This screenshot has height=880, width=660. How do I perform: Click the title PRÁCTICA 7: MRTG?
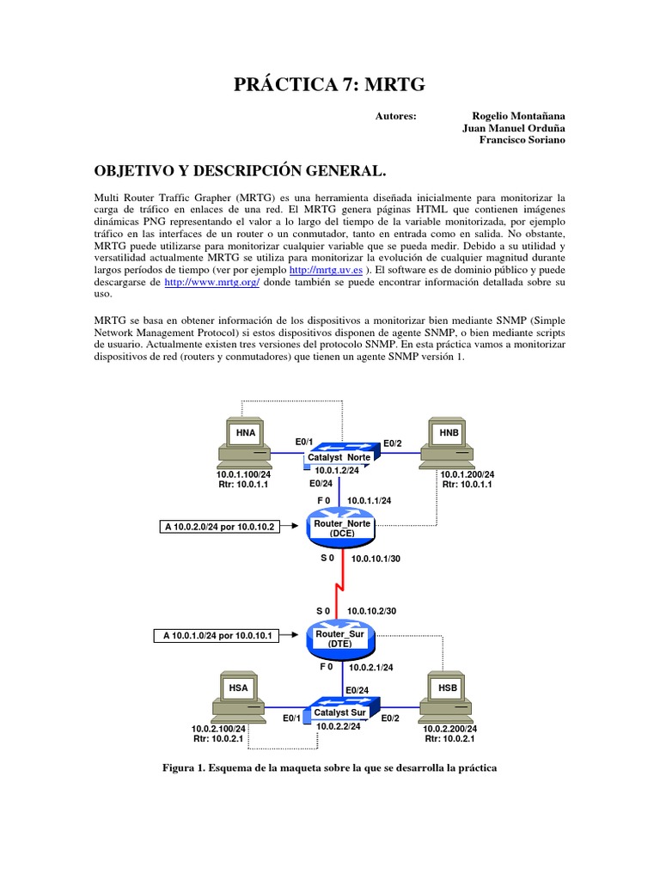coord(329,83)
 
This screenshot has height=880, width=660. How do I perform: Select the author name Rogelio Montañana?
coord(519,115)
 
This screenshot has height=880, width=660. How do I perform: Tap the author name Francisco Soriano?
coord(522,140)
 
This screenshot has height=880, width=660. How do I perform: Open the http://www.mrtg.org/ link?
coord(211,282)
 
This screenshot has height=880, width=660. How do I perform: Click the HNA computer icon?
coord(245,443)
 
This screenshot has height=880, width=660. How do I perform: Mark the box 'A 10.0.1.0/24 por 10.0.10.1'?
coord(217,636)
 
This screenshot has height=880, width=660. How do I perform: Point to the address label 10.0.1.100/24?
coord(245,474)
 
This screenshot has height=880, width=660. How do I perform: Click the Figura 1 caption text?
coord(330,766)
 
